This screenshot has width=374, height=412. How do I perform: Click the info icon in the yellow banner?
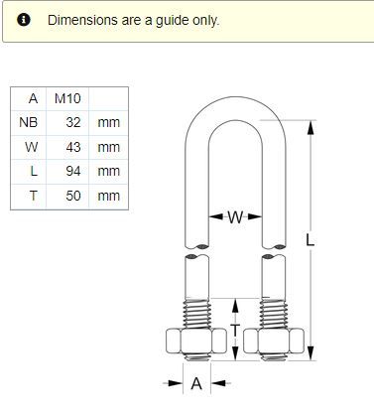click(x=24, y=20)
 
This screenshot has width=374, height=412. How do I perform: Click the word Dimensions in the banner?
click(x=82, y=20)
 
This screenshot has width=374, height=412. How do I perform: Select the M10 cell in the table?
click(x=67, y=98)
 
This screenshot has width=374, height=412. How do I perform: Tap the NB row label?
click(x=29, y=122)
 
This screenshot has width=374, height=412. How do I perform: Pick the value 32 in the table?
click(x=73, y=122)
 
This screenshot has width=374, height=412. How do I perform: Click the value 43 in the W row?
click(x=73, y=147)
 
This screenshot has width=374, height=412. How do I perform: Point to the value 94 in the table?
click(x=73, y=171)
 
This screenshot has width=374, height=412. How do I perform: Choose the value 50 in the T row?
click(x=73, y=196)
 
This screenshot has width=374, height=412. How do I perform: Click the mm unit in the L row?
click(x=109, y=172)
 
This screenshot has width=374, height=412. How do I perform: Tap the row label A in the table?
click(x=33, y=98)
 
